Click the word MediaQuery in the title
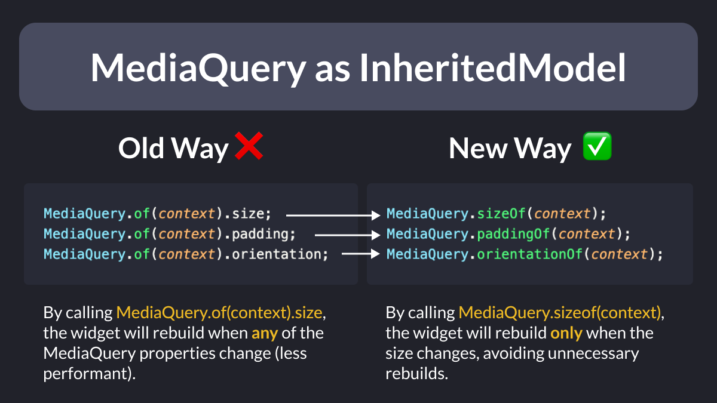tap(198, 69)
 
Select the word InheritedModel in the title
tap(492, 68)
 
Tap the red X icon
tap(249, 146)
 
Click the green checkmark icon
tap(597, 146)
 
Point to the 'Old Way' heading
tap(173, 149)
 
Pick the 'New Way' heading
tap(510, 149)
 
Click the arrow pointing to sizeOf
tap(333, 216)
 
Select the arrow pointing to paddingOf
tap(348, 235)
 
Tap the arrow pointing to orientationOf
tap(361, 254)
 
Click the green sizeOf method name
tap(501, 214)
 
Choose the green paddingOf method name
tap(513, 234)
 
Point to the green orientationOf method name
tap(530, 254)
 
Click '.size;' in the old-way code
tap(248, 214)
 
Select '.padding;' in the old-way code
tap(260, 235)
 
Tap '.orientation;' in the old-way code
tap(276, 254)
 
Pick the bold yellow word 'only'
tap(566, 334)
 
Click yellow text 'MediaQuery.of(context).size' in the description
tap(219, 312)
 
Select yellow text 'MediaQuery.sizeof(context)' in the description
tap(560, 312)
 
